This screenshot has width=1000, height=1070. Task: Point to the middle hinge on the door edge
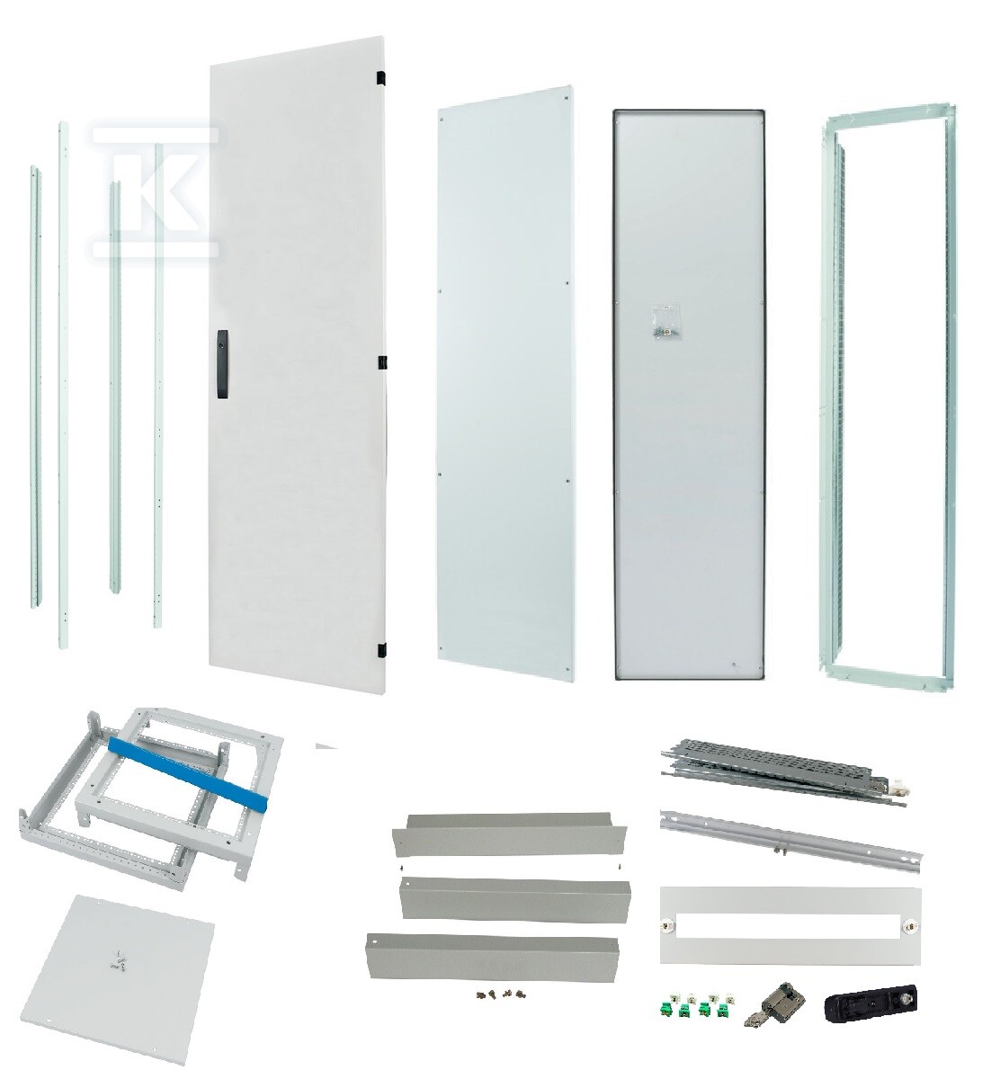tap(382, 362)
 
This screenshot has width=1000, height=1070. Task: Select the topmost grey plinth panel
tap(510, 834)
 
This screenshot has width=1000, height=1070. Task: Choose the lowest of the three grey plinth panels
tap(492, 955)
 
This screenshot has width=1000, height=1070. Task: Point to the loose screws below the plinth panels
tap(497, 995)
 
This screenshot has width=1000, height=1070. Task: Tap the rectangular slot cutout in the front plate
tap(786, 925)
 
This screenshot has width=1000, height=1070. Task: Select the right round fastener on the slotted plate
tap(908, 926)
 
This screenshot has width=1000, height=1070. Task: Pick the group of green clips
tap(697, 1005)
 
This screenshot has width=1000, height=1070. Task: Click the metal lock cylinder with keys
tap(775, 1006)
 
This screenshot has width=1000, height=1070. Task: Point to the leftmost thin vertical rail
tap(35, 387)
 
